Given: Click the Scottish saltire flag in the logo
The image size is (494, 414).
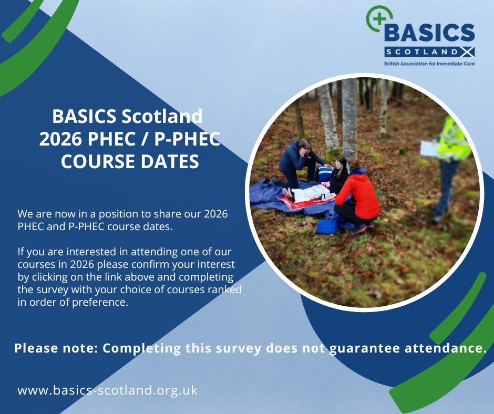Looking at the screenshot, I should (467, 52).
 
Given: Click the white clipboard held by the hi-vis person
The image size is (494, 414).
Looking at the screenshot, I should (429, 148).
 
